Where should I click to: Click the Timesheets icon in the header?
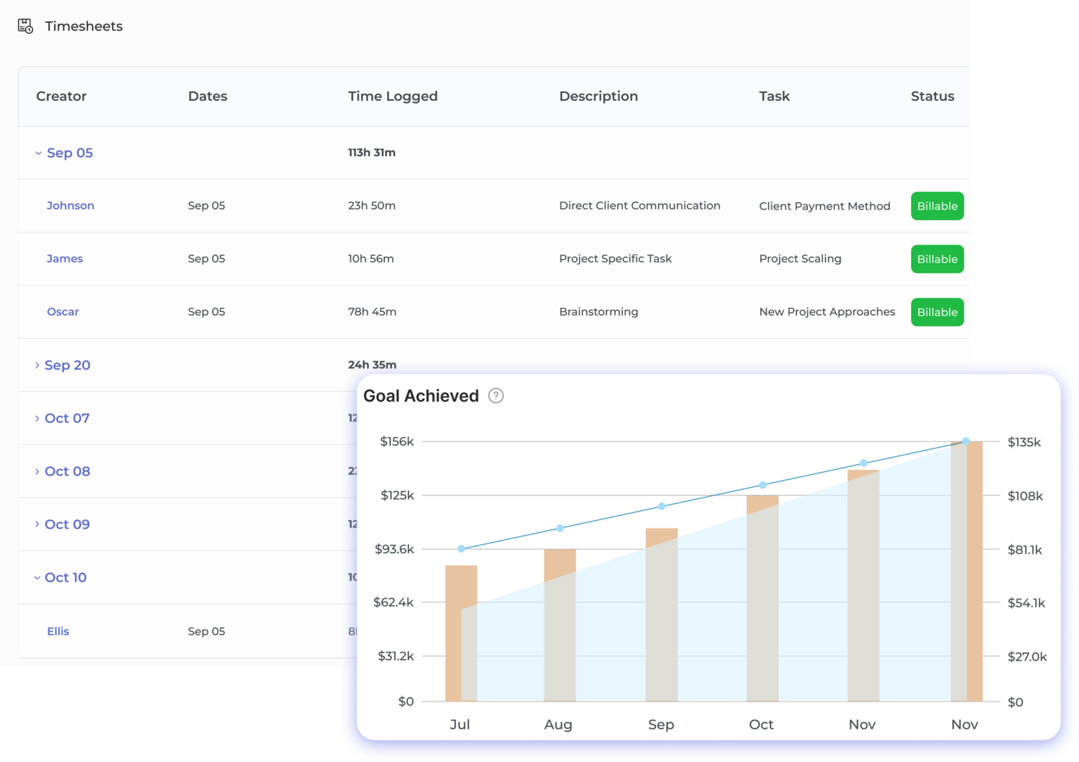25,27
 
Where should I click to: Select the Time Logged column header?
392,96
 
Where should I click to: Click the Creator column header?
61,96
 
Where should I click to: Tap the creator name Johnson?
70,206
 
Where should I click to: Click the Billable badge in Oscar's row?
937,312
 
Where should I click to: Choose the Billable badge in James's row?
937,259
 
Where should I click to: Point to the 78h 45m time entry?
372,312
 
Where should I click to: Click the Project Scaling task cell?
800,259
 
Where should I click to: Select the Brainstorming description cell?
598,312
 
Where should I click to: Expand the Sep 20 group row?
66,366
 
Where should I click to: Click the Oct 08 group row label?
67,471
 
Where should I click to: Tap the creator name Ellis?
58,631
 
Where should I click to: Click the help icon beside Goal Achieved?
496,396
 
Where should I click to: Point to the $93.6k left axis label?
394,549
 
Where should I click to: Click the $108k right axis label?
1025,496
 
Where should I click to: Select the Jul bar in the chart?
461,633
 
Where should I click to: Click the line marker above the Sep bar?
662,507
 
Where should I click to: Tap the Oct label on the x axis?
761,725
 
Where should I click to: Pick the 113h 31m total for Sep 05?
372,153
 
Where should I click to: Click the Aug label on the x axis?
558,725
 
